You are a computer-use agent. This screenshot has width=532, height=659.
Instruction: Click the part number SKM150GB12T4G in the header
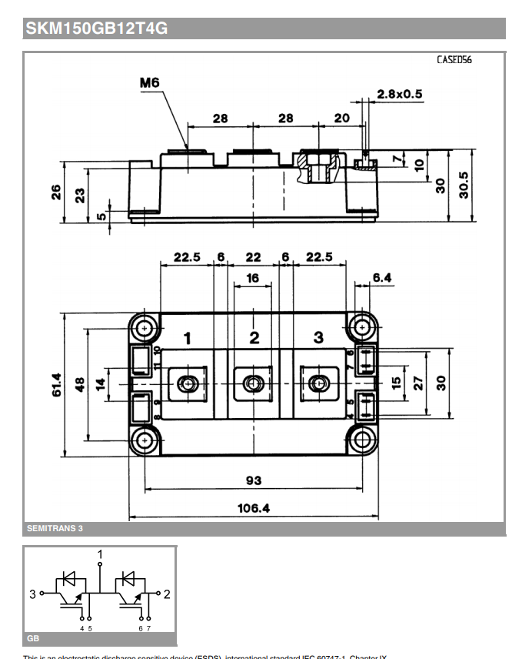pos(97,29)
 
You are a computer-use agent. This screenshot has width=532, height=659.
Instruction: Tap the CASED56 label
pos(454,60)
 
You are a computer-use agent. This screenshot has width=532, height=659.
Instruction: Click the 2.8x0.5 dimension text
pos(400,94)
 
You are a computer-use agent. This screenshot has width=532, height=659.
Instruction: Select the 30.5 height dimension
pos(464,185)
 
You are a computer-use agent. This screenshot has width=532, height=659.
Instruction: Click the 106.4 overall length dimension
pos(254,508)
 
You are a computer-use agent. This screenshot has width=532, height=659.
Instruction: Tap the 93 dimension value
pos(253,480)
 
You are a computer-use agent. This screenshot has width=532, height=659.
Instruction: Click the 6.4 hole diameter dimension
pos(382,277)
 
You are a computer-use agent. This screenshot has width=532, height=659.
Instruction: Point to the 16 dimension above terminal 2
pos(253,278)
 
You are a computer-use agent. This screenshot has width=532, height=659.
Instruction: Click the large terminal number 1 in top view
pos(187,337)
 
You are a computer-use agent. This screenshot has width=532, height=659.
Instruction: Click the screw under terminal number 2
pos(253,383)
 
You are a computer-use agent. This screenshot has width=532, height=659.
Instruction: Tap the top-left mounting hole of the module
pos(145,329)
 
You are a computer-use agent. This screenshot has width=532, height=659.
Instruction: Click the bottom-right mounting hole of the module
pos(361,441)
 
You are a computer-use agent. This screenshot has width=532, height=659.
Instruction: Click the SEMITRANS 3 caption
pos(55,528)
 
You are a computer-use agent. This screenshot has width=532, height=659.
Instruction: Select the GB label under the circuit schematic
pos(33,638)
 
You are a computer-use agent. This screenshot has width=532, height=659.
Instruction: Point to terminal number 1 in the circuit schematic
pos(100,554)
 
